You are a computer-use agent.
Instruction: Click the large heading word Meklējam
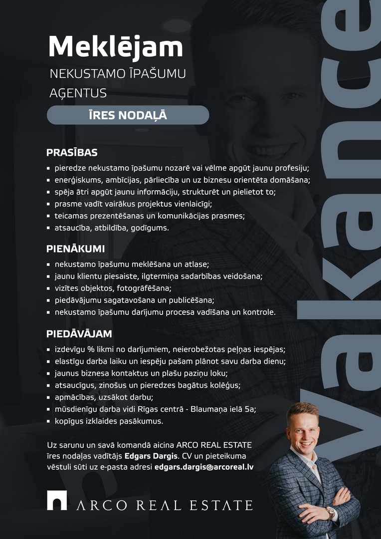tap(116, 46)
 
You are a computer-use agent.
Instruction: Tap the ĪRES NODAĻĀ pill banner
tap(128, 115)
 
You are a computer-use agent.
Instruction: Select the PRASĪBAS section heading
tap(72, 152)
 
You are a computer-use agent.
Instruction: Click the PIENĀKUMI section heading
tap(75, 249)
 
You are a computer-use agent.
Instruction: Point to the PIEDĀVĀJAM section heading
tap(79, 333)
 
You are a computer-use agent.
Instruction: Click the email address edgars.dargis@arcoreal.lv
tap(204, 467)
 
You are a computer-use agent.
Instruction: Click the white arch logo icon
tap(57, 500)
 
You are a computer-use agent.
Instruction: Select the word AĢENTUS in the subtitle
tap(78, 93)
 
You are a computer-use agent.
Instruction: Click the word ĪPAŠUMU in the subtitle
tap(161, 74)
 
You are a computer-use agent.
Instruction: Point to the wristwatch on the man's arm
tap(330, 513)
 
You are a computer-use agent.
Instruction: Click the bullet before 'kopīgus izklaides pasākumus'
tap(48, 422)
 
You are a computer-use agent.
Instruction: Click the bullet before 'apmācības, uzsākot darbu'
tap(48, 398)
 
